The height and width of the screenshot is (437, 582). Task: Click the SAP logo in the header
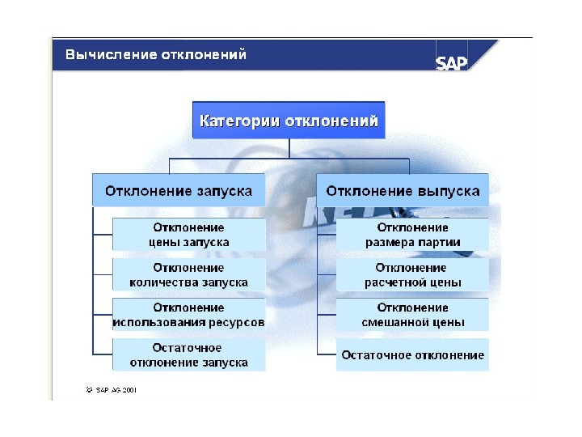click(x=452, y=63)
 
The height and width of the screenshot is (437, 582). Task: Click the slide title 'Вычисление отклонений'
click(x=155, y=55)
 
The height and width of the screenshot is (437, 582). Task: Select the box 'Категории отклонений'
click(x=289, y=121)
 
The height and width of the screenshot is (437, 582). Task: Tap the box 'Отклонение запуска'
click(x=179, y=192)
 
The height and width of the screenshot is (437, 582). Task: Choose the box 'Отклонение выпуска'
click(x=403, y=192)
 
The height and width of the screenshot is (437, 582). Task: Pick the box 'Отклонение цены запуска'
click(x=188, y=235)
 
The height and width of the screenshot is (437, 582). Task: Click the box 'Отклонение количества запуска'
click(x=188, y=275)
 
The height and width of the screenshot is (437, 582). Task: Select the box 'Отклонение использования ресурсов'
click(x=188, y=315)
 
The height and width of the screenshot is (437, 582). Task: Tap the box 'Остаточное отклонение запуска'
click(x=188, y=354)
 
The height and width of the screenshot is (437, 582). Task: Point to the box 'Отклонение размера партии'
click(x=412, y=235)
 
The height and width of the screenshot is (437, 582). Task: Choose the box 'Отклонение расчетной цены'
click(x=412, y=275)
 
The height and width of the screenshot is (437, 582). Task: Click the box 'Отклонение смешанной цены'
click(x=412, y=315)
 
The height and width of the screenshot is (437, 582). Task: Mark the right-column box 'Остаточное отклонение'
click(x=412, y=354)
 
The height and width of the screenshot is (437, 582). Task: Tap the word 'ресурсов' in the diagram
click(x=239, y=322)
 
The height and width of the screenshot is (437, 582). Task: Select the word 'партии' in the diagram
click(x=441, y=242)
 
